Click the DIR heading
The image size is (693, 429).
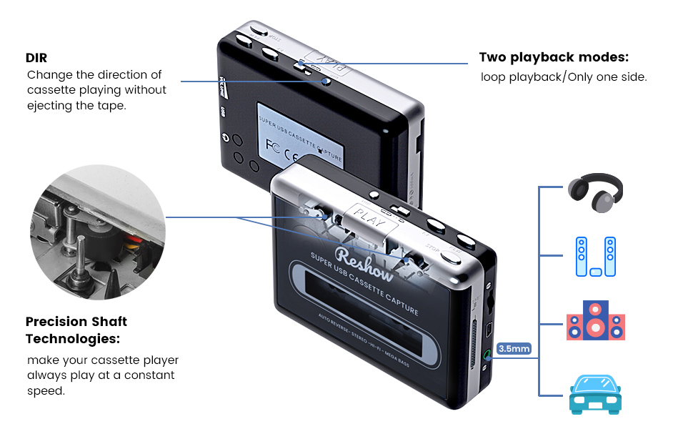pyautogui.click(x=36, y=57)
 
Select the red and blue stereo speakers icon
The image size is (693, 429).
pyautogui.click(x=595, y=321)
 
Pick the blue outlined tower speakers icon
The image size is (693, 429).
pyautogui.click(x=595, y=256)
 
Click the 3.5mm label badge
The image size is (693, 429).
pyautogui.click(x=514, y=349)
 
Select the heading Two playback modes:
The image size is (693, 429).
pyautogui.click(x=554, y=57)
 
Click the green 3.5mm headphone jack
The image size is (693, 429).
pyautogui.click(x=487, y=353)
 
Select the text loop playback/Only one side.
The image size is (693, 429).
pyautogui.click(x=564, y=77)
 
